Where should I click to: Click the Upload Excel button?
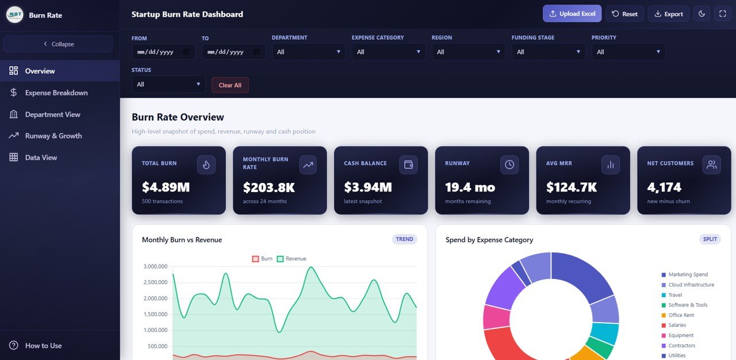[572, 14]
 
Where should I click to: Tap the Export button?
[668, 14]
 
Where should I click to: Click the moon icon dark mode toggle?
[701, 14]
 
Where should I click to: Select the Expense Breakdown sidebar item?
[56, 93]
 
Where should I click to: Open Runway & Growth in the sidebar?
[53, 136]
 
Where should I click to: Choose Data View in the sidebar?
[41, 158]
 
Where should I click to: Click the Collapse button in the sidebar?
[58, 44]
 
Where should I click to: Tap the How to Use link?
[43, 346]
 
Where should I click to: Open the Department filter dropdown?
[309, 52]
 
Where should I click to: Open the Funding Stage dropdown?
[549, 52]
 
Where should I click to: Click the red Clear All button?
[230, 85]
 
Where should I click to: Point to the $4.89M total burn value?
[166, 187]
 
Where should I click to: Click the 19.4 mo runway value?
[470, 187]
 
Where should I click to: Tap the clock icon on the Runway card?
[509, 165]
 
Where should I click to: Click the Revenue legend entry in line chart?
[292, 259]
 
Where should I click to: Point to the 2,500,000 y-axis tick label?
[155, 282]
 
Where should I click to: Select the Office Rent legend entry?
[681, 315]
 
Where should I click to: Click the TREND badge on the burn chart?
[404, 239]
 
